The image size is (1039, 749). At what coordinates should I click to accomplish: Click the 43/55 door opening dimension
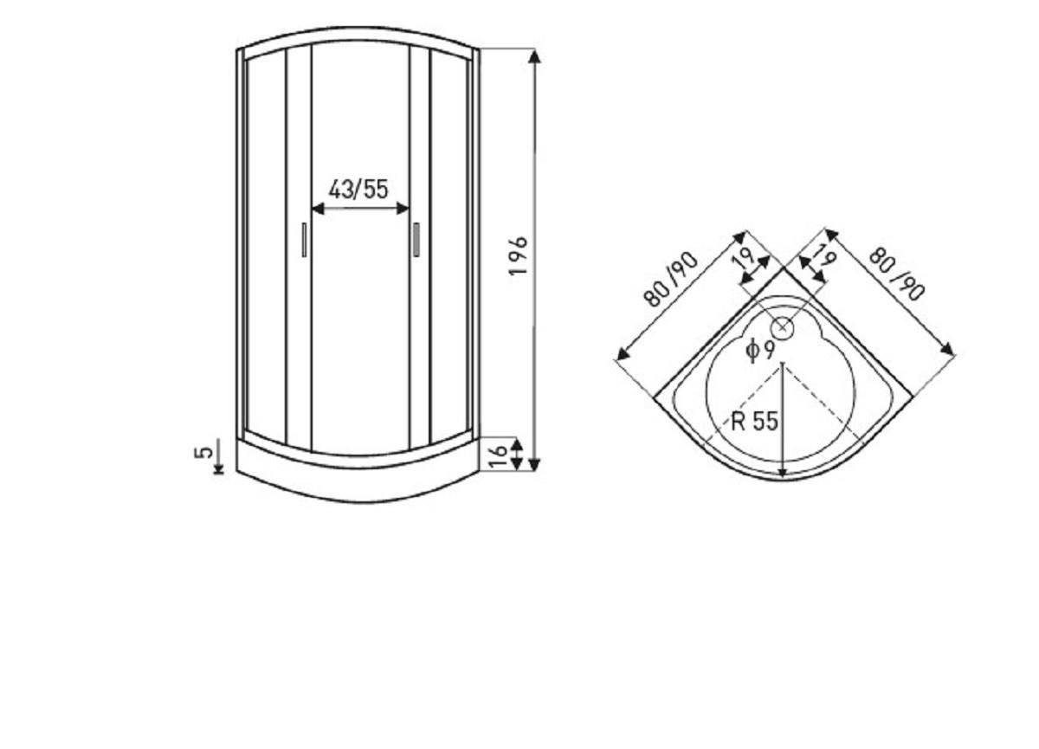[358, 190]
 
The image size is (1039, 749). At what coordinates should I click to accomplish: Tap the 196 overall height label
[518, 256]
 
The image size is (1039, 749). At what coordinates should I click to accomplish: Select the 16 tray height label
[498, 456]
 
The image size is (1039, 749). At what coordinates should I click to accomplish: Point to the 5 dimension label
[203, 452]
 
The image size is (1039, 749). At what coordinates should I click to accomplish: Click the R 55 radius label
[754, 421]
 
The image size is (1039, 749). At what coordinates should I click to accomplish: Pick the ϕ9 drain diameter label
[760, 350]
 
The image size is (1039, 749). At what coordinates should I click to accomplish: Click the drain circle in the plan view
[783, 327]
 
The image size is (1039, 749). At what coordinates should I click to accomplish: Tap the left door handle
[304, 240]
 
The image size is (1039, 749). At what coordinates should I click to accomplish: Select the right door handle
[416, 239]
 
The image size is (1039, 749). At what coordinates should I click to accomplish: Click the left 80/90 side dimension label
[671, 280]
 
